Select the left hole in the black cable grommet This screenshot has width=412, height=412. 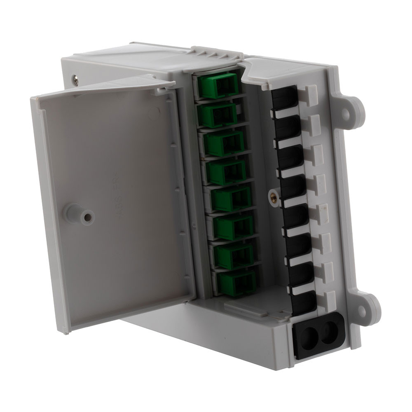point(307,333)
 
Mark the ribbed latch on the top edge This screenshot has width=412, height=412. point(215,54)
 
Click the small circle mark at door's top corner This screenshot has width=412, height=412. point(153,112)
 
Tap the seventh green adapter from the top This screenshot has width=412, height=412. point(235,256)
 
